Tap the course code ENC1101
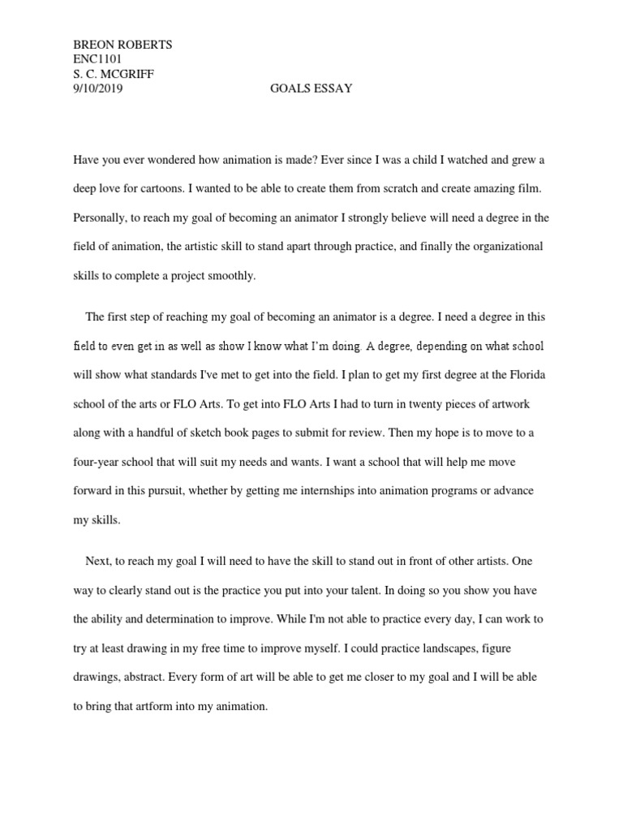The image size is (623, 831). point(98,59)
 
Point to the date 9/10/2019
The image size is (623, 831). point(98,88)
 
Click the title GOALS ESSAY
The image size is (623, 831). point(311,88)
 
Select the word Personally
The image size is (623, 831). point(102,217)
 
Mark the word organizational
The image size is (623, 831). point(509,246)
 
